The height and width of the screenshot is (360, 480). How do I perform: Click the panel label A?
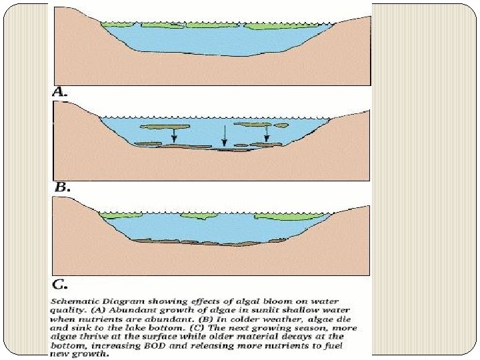click(61, 93)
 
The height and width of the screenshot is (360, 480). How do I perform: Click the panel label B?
click(61, 188)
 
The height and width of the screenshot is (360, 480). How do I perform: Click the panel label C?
click(61, 285)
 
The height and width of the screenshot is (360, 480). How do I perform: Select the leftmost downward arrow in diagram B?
click(173, 135)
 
